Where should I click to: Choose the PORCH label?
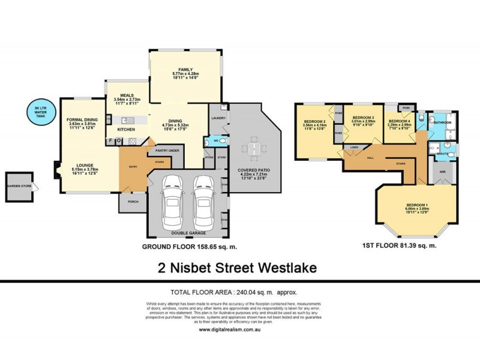133,202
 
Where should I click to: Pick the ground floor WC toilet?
222,142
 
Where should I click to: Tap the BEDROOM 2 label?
315,122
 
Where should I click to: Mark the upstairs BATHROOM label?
443,122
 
